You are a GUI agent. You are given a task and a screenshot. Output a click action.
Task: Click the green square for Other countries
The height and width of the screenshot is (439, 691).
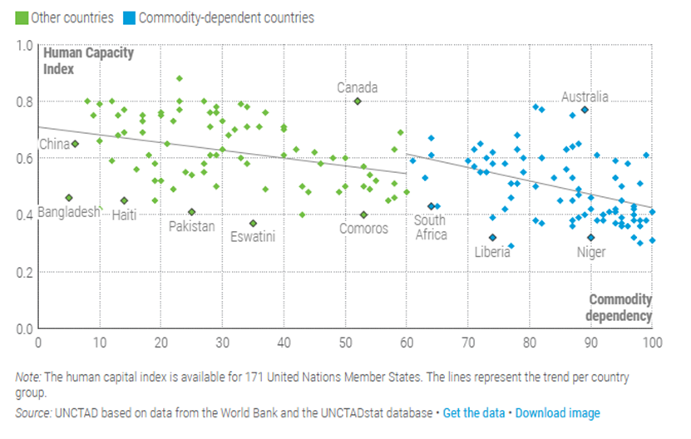click(x=22, y=17)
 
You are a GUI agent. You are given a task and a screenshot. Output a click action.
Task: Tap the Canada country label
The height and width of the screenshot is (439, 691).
click(x=357, y=87)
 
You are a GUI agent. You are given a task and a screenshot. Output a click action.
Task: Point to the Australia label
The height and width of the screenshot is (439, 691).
click(x=585, y=96)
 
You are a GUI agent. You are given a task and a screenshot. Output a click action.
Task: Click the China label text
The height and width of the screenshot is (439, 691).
click(x=54, y=144)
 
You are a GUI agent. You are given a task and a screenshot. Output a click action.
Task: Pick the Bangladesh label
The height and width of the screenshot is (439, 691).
click(x=67, y=212)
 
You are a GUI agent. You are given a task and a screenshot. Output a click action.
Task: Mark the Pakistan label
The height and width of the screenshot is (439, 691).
click(x=192, y=225)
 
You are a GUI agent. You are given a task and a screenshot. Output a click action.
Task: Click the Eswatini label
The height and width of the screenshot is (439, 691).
click(x=253, y=236)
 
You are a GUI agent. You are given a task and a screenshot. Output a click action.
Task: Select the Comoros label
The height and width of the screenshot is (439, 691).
click(x=363, y=228)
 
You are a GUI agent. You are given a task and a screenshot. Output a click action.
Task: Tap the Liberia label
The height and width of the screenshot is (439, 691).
click(x=492, y=251)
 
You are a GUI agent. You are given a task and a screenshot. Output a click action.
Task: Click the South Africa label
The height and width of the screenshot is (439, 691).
click(x=430, y=227)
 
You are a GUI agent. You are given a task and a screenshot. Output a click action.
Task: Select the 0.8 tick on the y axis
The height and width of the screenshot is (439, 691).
click(x=24, y=101)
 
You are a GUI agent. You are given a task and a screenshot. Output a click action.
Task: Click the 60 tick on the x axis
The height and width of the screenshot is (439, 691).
click(x=406, y=341)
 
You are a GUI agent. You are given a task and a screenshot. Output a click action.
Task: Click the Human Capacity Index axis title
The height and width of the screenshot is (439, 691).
click(x=88, y=61)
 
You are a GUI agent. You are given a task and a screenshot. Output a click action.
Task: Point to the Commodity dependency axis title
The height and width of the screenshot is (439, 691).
click(x=619, y=307)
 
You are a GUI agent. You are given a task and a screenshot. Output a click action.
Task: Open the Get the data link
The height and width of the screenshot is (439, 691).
click(x=472, y=412)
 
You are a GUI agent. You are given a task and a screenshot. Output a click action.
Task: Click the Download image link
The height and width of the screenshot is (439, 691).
click(x=557, y=412)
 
